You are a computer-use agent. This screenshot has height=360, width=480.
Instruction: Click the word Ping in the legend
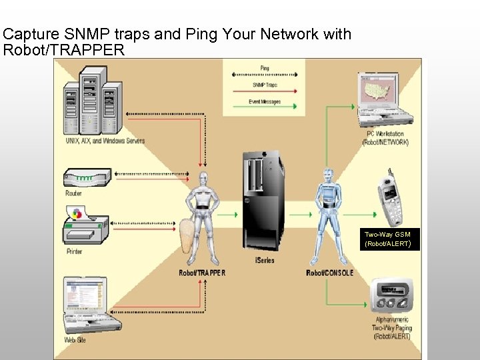(x=265, y=68)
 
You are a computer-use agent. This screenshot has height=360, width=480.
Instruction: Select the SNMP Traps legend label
(x=265, y=85)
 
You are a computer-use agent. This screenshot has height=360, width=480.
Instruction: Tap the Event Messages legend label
(x=265, y=102)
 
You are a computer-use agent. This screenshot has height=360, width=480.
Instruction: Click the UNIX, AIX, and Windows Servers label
(x=105, y=141)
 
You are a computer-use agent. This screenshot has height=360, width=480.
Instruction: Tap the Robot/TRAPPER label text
(x=202, y=273)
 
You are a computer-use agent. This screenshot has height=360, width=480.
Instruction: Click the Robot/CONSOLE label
(x=329, y=273)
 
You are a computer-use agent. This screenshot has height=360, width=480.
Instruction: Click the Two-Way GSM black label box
(x=387, y=239)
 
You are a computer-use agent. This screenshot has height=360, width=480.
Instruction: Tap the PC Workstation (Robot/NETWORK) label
(x=385, y=138)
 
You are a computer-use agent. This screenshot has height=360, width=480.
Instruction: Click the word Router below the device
(x=74, y=193)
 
